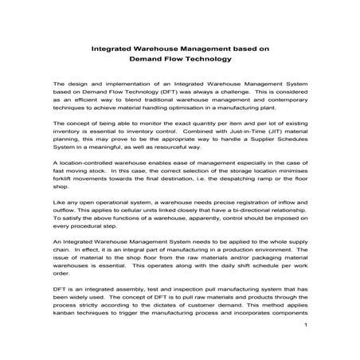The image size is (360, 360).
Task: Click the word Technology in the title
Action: [201, 58]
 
